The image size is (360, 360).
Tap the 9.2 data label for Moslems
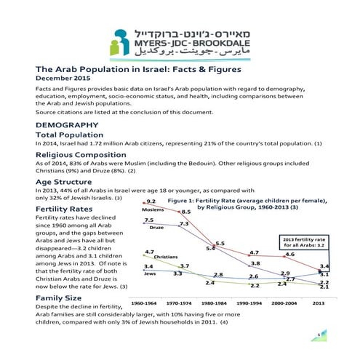151,201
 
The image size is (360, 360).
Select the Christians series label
166,257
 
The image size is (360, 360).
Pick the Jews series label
149,274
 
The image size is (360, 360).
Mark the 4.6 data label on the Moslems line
289,255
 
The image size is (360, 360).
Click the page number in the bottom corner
318,334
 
